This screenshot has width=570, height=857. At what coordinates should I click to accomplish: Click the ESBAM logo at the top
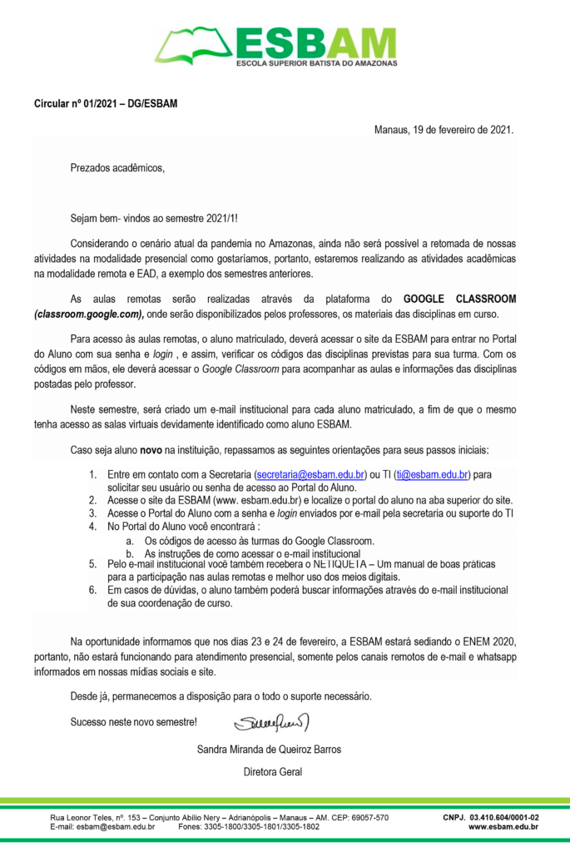277,47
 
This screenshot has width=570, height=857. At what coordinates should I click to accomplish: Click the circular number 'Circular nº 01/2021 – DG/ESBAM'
105,105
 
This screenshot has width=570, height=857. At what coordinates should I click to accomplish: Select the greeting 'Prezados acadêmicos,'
117,168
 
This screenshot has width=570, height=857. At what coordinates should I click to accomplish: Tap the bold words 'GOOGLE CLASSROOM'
459,299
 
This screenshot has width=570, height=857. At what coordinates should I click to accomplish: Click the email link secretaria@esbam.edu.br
310,475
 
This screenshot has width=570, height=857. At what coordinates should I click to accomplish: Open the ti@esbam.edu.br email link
432,475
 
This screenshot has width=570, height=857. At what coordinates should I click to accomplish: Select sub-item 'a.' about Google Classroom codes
245,541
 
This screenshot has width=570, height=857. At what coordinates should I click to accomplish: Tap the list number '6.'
93,590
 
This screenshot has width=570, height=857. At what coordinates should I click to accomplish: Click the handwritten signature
271,720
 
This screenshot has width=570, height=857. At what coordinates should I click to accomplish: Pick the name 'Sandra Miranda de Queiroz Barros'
269,749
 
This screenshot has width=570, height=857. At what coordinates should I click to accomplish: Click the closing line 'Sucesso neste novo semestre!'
134,721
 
